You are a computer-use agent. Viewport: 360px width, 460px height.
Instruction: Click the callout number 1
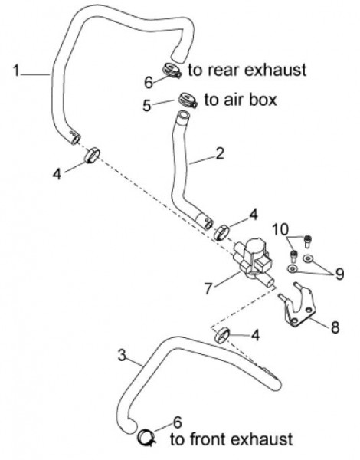pos(16,71)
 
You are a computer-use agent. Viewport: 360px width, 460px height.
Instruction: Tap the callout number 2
pos(220,153)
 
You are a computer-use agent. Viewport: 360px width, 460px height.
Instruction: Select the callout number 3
pos(122,355)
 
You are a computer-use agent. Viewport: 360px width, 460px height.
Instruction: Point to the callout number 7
pos(208,288)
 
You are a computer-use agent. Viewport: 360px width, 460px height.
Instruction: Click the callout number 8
pos(335,327)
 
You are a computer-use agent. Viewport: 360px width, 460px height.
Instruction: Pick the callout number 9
pos(339,274)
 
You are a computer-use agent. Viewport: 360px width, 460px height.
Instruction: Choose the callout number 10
pos(280,229)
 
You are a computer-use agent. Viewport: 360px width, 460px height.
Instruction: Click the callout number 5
pos(147,106)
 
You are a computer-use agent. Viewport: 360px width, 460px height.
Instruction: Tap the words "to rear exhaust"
pos(247,70)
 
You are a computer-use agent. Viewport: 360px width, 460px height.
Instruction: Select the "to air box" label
pos(241,100)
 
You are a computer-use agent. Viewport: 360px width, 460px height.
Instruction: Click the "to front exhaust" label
pos(231,439)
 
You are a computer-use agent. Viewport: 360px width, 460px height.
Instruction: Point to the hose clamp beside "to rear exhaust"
pos(172,71)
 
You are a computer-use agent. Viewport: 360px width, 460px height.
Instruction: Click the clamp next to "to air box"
pos(188,100)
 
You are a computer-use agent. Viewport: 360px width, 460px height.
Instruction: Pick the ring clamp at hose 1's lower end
pos(92,155)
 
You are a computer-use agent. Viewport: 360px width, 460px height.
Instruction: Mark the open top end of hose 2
pos(183,114)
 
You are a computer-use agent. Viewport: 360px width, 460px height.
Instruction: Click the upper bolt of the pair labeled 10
pos(307,241)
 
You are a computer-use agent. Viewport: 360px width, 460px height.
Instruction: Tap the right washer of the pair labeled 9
pos(307,258)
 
